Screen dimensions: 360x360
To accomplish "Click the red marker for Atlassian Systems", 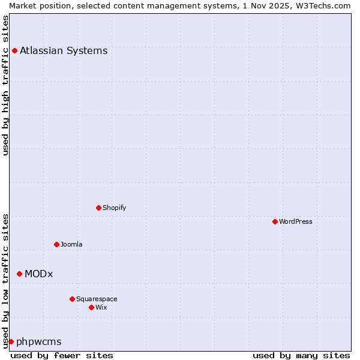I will pyautogui.click(x=14, y=50).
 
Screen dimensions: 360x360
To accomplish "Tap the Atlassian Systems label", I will pyautogui.click(x=64, y=50).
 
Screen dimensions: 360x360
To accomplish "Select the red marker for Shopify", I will pyautogui.click(x=98, y=208).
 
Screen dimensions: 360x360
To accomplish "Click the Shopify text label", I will pyautogui.click(x=114, y=208).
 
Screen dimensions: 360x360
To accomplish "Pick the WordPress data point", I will pyautogui.click(x=275, y=221).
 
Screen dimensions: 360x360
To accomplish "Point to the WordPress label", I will pyautogui.click(x=295, y=221).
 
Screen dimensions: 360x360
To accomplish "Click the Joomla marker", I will pyautogui.click(x=56, y=244).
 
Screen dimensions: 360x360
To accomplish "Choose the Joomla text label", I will pyautogui.click(x=71, y=244).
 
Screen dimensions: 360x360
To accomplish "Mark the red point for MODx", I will pyautogui.click(x=19, y=274).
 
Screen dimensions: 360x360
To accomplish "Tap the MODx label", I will pyautogui.click(x=38, y=274).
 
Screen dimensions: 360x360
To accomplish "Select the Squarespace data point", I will pyautogui.click(x=72, y=299).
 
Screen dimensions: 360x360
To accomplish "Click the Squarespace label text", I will pyautogui.click(x=97, y=299).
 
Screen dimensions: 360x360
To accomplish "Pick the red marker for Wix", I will pyautogui.click(x=91, y=307).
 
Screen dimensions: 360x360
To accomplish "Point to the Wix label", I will pyautogui.click(x=101, y=307).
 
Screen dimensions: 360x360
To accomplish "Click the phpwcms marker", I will pyautogui.click(x=11, y=341).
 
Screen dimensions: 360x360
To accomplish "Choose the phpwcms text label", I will pyautogui.click(x=38, y=341).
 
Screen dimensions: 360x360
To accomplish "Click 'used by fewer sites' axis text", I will pyautogui.click(x=62, y=355).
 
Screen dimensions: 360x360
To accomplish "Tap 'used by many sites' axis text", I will pyautogui.click(x=301, y=355).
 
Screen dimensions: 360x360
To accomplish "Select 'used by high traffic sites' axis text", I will pyautogui.click(x=5, y=85).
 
